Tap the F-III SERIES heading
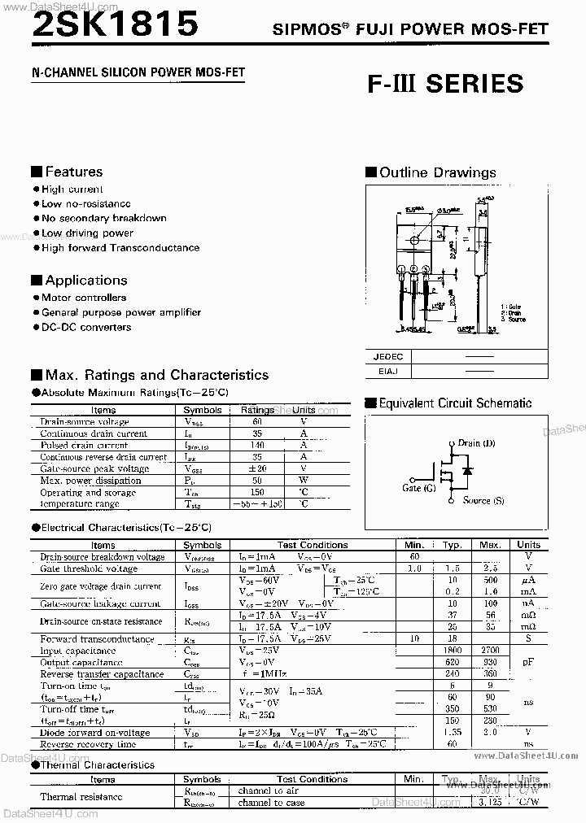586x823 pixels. [444, 85]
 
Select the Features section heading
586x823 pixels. [73, 172]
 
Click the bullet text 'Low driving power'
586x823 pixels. [87, 233]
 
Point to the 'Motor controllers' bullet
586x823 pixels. [84, 298]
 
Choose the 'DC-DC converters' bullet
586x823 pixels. [86, 327]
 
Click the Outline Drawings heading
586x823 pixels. [437, 172]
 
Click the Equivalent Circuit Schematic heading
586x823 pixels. [454, 403]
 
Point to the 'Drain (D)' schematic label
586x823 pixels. [476, 443]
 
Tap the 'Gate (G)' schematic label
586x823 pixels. [418, 488]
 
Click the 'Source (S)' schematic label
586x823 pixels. [483, 501]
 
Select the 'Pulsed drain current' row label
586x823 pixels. [84, 446]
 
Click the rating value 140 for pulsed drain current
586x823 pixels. [257, 446]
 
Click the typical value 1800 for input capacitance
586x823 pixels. [453, 651]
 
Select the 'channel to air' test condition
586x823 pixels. [269, 790]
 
